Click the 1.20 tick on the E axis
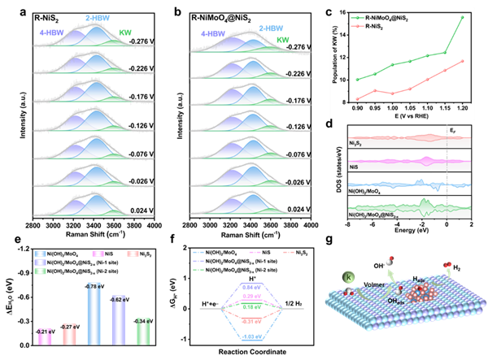coord(462,106)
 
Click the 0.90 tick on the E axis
coord(358,106)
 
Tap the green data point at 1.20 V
coord(462,17)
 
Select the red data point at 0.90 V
coord(358,98)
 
